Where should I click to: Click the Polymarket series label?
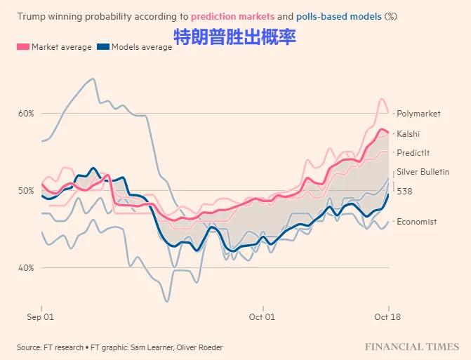point(418,114)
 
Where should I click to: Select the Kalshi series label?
point(409,133)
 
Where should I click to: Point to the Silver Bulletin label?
point(423,172)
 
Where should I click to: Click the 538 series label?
point(404,191)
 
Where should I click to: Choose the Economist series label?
point(416,222)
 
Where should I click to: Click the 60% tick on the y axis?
point(26,114)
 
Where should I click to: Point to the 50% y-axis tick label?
point(26,191)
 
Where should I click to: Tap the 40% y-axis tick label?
point(26,268)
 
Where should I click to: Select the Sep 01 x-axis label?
point(41,317)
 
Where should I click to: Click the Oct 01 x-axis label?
point(263,317)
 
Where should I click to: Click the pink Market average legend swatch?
point(22,47)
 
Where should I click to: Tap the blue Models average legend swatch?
point(102,47)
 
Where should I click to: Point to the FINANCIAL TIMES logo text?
point(411,347)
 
